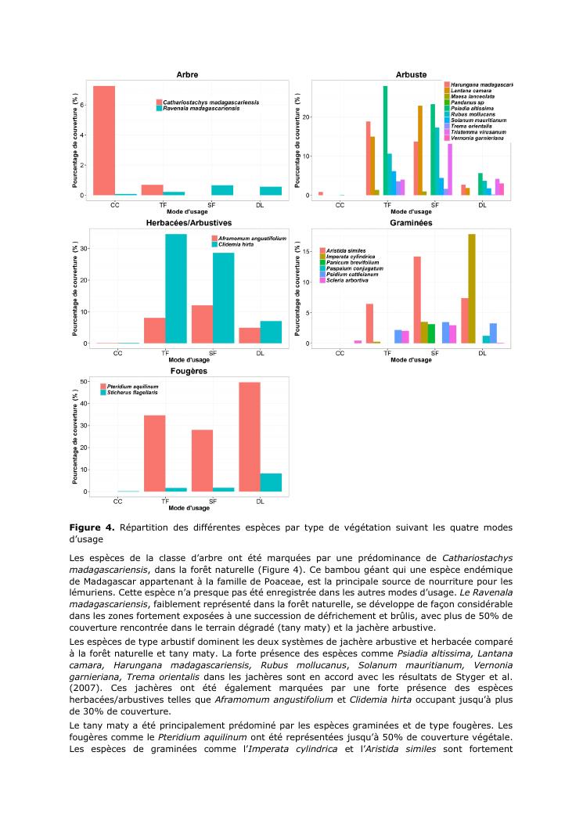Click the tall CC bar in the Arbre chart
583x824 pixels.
(x=104, y=140)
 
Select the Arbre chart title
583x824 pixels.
(x=187, y=74)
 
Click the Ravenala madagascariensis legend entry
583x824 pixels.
(x=200, y=109)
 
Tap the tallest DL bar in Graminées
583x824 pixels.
(x=471, y=289)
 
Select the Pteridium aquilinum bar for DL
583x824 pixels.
(x=250, y=437)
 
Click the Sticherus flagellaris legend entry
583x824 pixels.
(x=131, y=394)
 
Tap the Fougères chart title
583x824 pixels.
(x=188, y=371)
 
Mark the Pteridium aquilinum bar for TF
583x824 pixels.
(x=154, y=454)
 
